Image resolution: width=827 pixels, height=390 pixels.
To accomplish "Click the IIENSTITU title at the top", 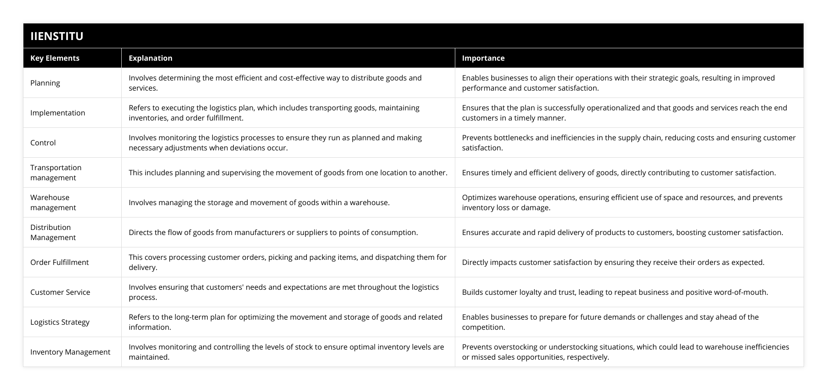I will coord(57,36).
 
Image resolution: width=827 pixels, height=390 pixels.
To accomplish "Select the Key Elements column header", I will coord(55,58).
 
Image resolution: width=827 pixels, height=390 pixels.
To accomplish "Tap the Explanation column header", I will coord(150,58).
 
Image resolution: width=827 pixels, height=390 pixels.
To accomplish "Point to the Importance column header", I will coord(483,58).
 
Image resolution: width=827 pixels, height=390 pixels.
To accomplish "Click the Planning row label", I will coord(45,83).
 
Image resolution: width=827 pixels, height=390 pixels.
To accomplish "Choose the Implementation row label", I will coord(57,113).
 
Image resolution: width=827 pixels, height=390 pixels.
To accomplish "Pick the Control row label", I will coord(43,143).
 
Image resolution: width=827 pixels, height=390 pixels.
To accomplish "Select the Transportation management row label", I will coord(56,172).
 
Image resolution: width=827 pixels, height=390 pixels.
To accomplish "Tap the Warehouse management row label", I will coord(53,202).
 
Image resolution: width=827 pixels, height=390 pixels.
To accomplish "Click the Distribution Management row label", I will coord(53,232).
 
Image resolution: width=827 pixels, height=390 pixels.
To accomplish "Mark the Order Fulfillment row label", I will coord(59,262).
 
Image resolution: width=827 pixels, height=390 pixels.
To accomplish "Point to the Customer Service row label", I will coord(60,292).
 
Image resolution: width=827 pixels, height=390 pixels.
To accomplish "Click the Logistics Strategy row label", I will coord(60,322).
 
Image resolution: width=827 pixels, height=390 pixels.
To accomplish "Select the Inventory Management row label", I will coord(70,352).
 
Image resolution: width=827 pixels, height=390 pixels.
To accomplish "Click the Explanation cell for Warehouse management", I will coord(259,202).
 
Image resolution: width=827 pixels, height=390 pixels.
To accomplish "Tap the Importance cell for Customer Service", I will coord(615,292).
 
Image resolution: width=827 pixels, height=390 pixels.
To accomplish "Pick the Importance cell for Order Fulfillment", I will coord(613,262).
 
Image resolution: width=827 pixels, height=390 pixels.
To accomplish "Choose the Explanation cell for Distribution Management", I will coord(273,232).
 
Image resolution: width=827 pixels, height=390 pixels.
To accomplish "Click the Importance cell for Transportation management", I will coord(619,172).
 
